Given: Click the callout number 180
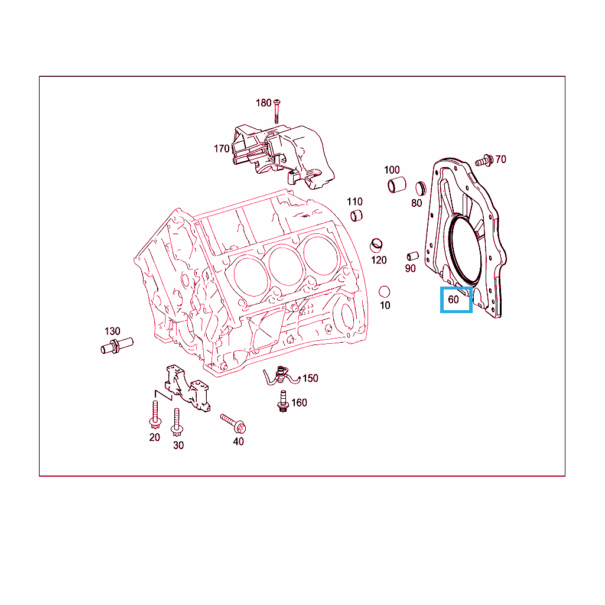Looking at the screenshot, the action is pyautogui.click(x=264, y=103).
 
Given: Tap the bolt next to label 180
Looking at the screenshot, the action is pyautogui.click(x=277, y=111).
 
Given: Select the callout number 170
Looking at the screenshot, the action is pyautogui.click(x=222, y=148).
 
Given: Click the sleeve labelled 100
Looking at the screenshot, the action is pyautogui.click(x=396, y=185).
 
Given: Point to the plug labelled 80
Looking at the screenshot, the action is pyautogui.click(x=421, y=188).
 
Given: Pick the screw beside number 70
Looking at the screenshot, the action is pyautogui.click(x=484, y=161).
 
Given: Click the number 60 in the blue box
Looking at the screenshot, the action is pyautogui.click(x=453, y=300).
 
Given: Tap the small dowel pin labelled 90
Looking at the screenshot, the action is pyautogui.click(x=413, y=256).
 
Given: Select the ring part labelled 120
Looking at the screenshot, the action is pyautogui.click(x=376, y=245).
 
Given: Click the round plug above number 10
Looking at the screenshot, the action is pyautogui.click(x=384, y=292).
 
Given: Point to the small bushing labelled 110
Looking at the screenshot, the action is pyautogui.click(x=356, y=216).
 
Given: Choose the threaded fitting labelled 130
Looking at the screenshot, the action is pyautogui.click(x=117, y=346).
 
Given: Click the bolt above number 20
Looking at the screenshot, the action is pyautogui.click(x=155, y=415).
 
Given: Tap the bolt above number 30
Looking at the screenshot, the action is pyautogui.click(x=177, y=422).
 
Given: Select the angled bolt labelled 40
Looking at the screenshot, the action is pyautogui.click(x=233, y=424).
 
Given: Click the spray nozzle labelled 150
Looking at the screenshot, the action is pyautogui.click(x=281, y=375).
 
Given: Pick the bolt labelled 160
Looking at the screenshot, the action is pyautogui.click(x=283, y=401).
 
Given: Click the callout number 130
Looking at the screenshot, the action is pyautogui.click(x=112, y=331).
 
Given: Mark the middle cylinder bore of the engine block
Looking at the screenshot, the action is pyautogui.click(x=285, y=266).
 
